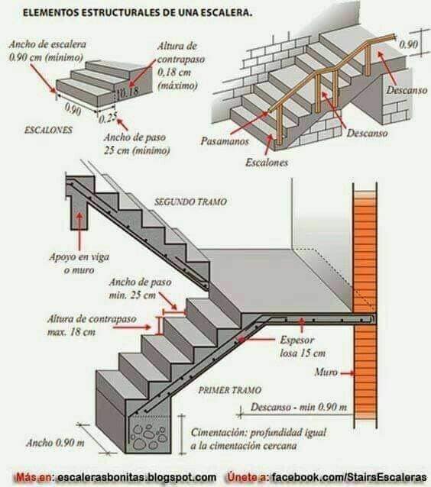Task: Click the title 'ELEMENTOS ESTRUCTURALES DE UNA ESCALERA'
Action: (x=138, y=13)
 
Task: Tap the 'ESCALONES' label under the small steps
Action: (x=48, y=130)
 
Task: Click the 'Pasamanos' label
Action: (x=225, y=141)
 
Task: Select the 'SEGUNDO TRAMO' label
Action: (x=190, y=202)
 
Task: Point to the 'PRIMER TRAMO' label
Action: (x=230, y=390)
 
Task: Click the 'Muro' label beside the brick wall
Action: (x=326, y=372)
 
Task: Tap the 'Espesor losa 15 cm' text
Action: (x=303, y=347)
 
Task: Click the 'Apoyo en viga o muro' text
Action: (x=79, y=263)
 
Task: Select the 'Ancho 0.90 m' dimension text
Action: (x=55, y=443)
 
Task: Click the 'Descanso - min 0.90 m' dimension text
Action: (x=299, y=407)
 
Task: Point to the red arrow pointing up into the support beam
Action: (x=79, y=232)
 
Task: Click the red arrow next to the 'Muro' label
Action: (x=347, y=373)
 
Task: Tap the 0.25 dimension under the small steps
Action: (x=108, y=118)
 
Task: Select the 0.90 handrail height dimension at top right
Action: (x=408, y=44)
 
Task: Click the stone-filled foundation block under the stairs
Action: (x=149, y=434)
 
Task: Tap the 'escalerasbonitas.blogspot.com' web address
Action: (x=137, y=477)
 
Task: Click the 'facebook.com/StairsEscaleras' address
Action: (x=348, y=477)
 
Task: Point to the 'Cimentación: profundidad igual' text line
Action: (x=258, y=432)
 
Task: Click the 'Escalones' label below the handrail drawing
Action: (x=267, y=163)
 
